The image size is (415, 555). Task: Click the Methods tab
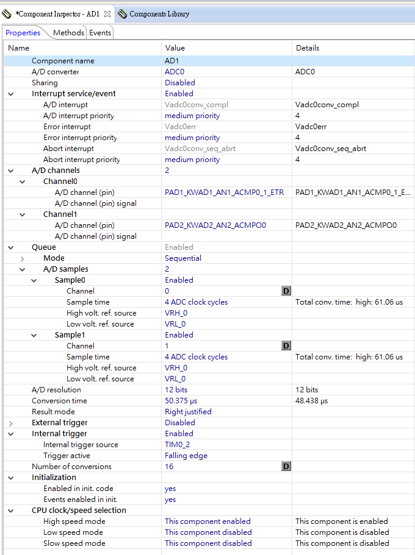pyautogui.click(x=68, y=33)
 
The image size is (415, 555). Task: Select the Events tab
pyautogui.click(x=100, y=33)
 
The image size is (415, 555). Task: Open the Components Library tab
pyautogui.click(x=159, y=13)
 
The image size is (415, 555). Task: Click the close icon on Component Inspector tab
pyautogui.click(x=107, y=13)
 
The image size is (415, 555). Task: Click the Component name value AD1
pyautogui.click(x=171, y=61)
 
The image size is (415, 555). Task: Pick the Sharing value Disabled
pyautogui.click(x=179, y=83)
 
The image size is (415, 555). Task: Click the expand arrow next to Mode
pyautogui.click(x=23, y=258)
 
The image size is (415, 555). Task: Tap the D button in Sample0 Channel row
pyautogui.click(x=286, y=291)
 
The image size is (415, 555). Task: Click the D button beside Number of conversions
pyautogui.click(x=286, y=467)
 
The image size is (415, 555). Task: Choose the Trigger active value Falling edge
pyautogui.click(x=186, y=456)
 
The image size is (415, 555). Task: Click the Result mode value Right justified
pyautogui.click(x=188, y=412)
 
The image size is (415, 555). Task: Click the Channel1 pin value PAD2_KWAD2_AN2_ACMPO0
pyautogui.click(x=215, y=225)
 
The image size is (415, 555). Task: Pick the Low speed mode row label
pyautogui.click(x=73, y=532)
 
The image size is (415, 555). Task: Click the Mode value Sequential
pyautogui.click(x=182, y=258)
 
